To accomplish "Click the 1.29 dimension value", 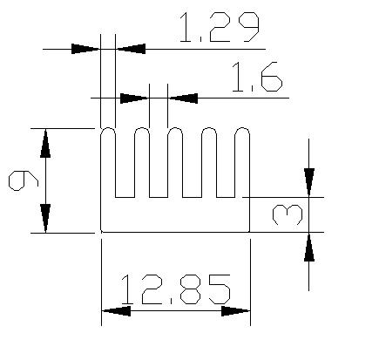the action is tap(219, 28).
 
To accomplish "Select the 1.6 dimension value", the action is tap(257, 77).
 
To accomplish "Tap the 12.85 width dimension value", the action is tap(176, 289).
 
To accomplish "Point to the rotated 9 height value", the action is tap(24, 180).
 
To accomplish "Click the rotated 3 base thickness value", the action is tap(288, 214).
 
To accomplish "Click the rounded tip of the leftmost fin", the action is tap(108, 129).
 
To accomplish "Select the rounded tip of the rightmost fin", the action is tap(242, 129).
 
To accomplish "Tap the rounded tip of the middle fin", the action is tap(175, 129).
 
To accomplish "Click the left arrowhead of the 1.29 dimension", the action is tap(85, 49).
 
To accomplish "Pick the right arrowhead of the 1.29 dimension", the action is tap(131, 49).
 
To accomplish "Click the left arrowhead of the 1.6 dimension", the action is tap(134, 98).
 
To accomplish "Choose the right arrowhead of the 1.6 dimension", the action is tap(183, 98).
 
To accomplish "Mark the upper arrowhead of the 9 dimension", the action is tap(45, 144).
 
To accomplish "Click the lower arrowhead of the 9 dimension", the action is tap(45, 218).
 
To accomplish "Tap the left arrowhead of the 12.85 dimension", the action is tap(116, 311).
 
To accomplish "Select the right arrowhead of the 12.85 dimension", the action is tap(235, 311).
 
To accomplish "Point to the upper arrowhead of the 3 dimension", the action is tap(309, 182).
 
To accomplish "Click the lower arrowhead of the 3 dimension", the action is tap(309, 247).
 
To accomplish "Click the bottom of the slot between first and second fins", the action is tap(125, 197).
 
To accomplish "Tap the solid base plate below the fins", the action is tap(175, 214).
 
